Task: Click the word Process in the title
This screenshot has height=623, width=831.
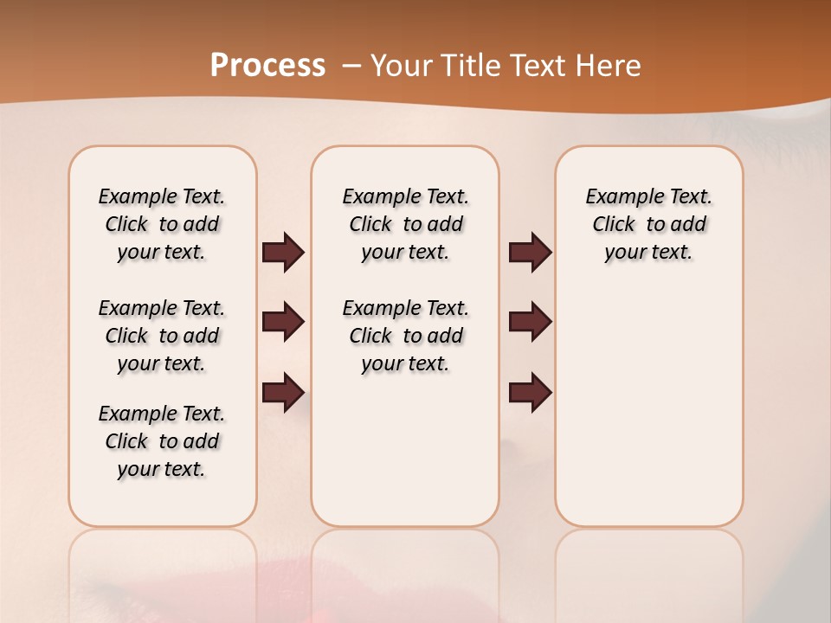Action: (267, 65)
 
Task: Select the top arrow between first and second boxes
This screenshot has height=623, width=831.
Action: (283, 253)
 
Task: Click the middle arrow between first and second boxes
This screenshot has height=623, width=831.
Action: (283, 322)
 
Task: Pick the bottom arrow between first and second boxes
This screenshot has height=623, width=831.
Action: (283, 392)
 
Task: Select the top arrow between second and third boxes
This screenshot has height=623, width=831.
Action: (531, 253)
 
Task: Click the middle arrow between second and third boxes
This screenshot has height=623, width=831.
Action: (531, 322)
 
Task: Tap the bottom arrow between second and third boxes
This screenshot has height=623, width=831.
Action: (531, 392)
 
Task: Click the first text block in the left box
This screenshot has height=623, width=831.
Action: (162, 224)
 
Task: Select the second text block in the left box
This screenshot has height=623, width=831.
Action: (162, 336)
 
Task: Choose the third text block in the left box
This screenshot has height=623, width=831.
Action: (162, 441)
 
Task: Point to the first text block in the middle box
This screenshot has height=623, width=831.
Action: (405, 224)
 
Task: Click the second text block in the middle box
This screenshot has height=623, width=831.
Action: (405, 336)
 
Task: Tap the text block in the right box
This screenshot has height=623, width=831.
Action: (648, 224)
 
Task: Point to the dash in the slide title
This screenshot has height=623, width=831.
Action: (351, 65)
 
